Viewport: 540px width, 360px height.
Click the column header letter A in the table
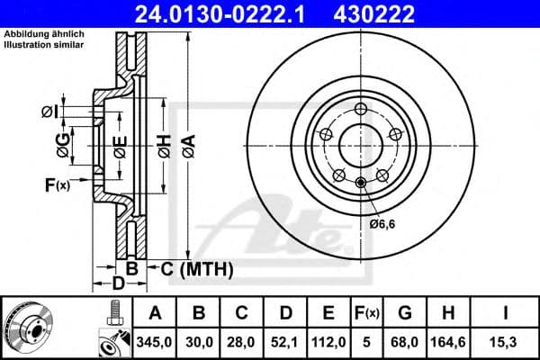point(155,313)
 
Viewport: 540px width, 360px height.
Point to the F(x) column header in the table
point(370,313)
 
